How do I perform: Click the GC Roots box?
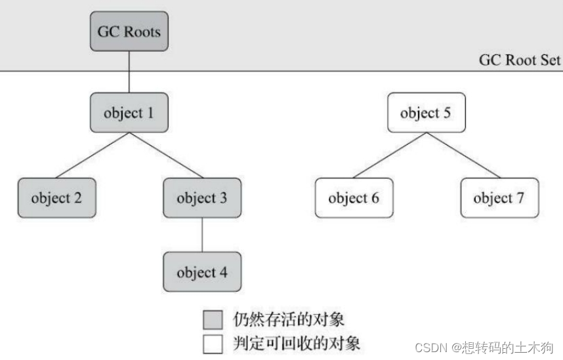(x=129, y=31)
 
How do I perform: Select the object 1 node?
(x=129, y=113)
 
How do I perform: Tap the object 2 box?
(x=56, y=197)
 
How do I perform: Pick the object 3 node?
(x=201, y=197)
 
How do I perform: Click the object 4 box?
(x=201, y=271)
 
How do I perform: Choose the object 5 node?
(x=426, y=113)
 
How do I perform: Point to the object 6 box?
(x=354, y=197)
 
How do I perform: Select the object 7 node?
(x=499, y=197)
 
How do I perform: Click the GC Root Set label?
(x=519, y=60)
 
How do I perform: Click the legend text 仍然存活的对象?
(x=289, y=320)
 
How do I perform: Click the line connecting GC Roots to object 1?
(x=129, y=72)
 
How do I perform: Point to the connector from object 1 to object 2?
(x=93, y=155)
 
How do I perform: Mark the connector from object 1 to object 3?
(x=165, y=155)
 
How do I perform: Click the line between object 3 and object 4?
(x=201, y=234)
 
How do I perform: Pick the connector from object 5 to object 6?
(x=390, y=155)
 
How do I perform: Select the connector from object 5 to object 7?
(x=463, y=155)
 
